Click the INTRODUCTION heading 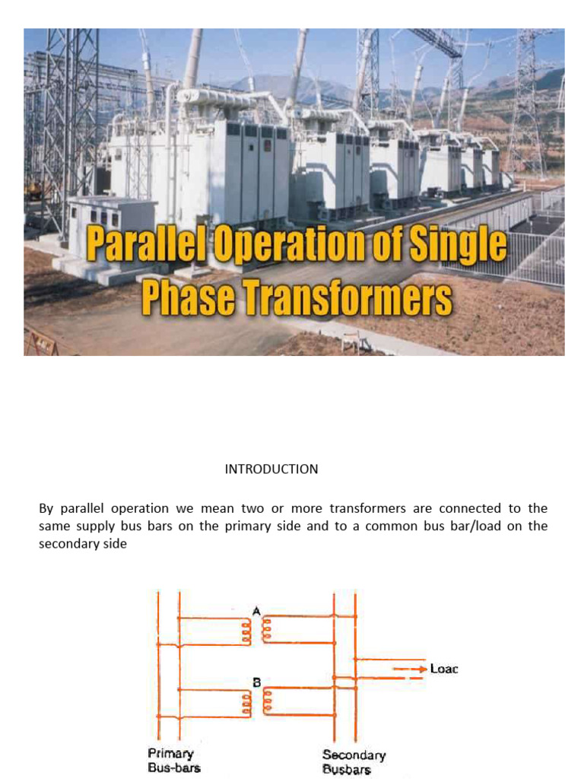(x=271, y=469)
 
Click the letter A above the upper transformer (x=256, y=609)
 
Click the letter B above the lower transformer (x=256, y=682)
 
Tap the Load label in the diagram (x=444, y=669)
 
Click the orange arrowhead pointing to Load (x=419, y=669)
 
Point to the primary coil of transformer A (x=246, y=631)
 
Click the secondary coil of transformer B (x=268, y=702)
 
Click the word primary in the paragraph (x=249, y=526)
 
